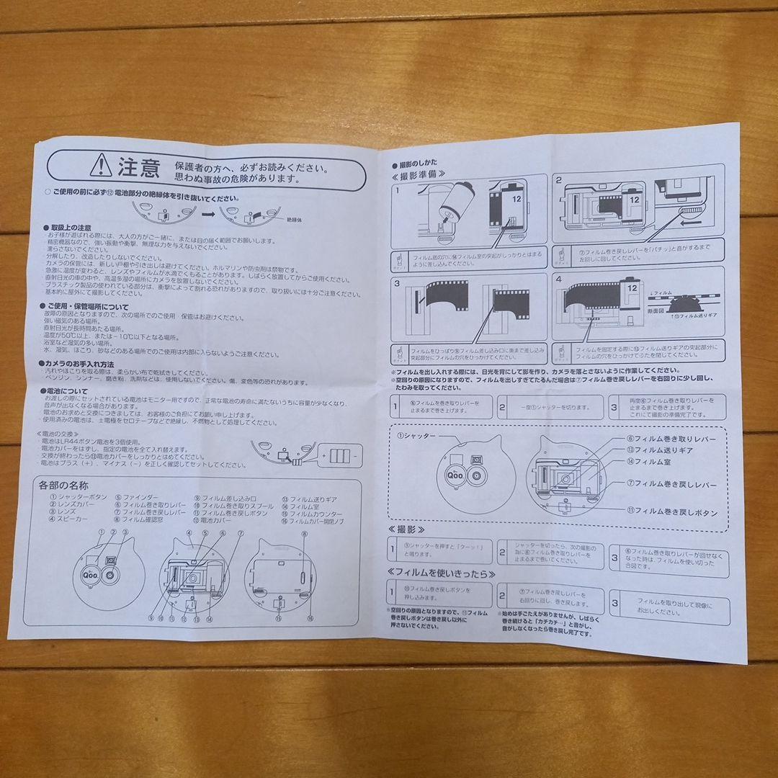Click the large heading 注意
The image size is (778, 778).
[138, 168]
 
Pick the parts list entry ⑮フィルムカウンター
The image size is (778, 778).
[310, 511]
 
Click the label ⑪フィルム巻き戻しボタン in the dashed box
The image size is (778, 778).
[672, 511]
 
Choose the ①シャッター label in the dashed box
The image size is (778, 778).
[418, 437]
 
